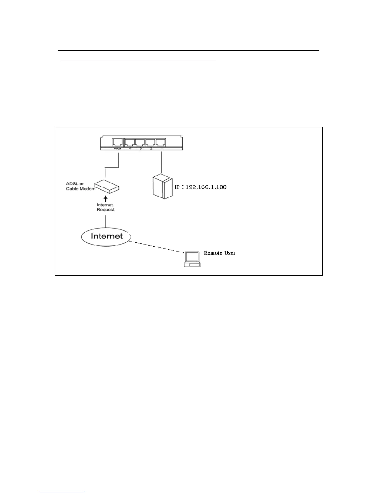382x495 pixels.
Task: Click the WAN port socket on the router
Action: (118, 142)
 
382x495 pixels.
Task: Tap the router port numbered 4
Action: (130, 142)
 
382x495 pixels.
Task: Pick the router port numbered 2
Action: (151, 142)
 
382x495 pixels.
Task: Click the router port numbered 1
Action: (161, 142)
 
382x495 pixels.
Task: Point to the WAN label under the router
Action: (118, 149)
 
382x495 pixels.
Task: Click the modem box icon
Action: (107, 186)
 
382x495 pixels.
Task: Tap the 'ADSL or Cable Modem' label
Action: (81, 186)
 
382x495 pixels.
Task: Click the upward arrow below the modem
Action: (105, 199)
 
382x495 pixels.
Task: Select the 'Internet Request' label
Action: (105, 207)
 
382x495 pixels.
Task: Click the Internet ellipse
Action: (106, 236)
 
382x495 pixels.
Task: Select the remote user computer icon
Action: (192, 259)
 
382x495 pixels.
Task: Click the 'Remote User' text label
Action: (220, 253)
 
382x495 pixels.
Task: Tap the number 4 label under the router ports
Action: (130, 149)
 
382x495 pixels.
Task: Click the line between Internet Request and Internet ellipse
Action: (105, 220)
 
